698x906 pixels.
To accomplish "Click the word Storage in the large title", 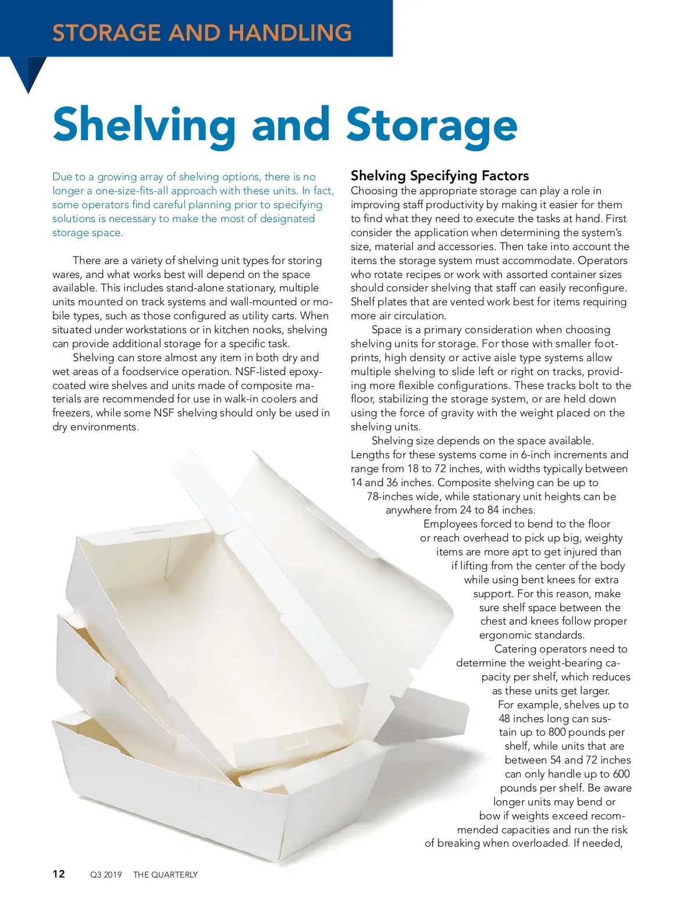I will click(x=431, y=124).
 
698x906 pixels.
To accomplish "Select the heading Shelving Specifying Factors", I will click(x=440, y=176).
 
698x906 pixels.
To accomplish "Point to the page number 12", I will click(x=59, y=873).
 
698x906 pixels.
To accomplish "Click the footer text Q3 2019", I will click(x=106, y=875).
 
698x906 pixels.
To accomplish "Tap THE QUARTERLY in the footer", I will click(x=165, y=875).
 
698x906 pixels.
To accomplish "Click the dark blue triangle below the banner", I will click(x=28, y=73).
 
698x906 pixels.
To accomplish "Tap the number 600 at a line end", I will click(x=621, y=774).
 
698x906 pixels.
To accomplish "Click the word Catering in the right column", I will click(x=515, y=649).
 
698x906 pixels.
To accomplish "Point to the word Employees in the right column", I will click(x=451, y=524).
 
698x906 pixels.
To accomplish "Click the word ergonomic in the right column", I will click(x=505, y=635).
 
